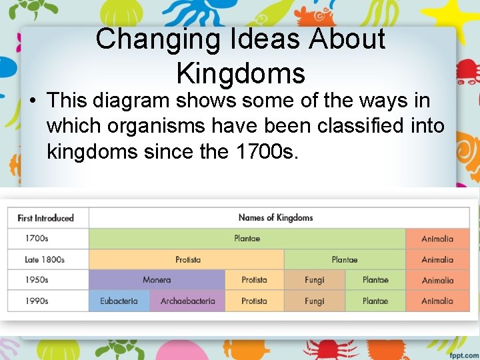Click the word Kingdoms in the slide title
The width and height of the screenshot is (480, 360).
click(241, 72)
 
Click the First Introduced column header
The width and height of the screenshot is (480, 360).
click(45, 218)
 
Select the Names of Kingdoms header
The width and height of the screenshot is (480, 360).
click(275, 217)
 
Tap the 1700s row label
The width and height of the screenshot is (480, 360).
click(37, 239)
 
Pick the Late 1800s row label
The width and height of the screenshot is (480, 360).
click(45, 259)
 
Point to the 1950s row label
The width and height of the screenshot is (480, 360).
click(37, 280)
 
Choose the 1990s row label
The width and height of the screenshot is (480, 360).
click(37, 301)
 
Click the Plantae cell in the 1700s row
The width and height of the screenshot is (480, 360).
click(247, 239)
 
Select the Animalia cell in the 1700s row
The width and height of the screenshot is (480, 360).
click(437, 239)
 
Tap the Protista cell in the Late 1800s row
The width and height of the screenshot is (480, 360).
click(187, 259)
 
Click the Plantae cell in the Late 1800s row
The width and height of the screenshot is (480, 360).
click(345, 259)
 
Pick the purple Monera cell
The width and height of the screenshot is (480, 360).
click(157, 280)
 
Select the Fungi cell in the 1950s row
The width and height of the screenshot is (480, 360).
click(314, 280)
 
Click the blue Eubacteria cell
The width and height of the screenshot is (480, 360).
click(119, 301)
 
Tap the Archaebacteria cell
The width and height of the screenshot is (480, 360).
click(187, 301)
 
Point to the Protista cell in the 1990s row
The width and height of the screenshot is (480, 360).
click(254, 301)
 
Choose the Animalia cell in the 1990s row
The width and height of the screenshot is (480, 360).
click(437, 301)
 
